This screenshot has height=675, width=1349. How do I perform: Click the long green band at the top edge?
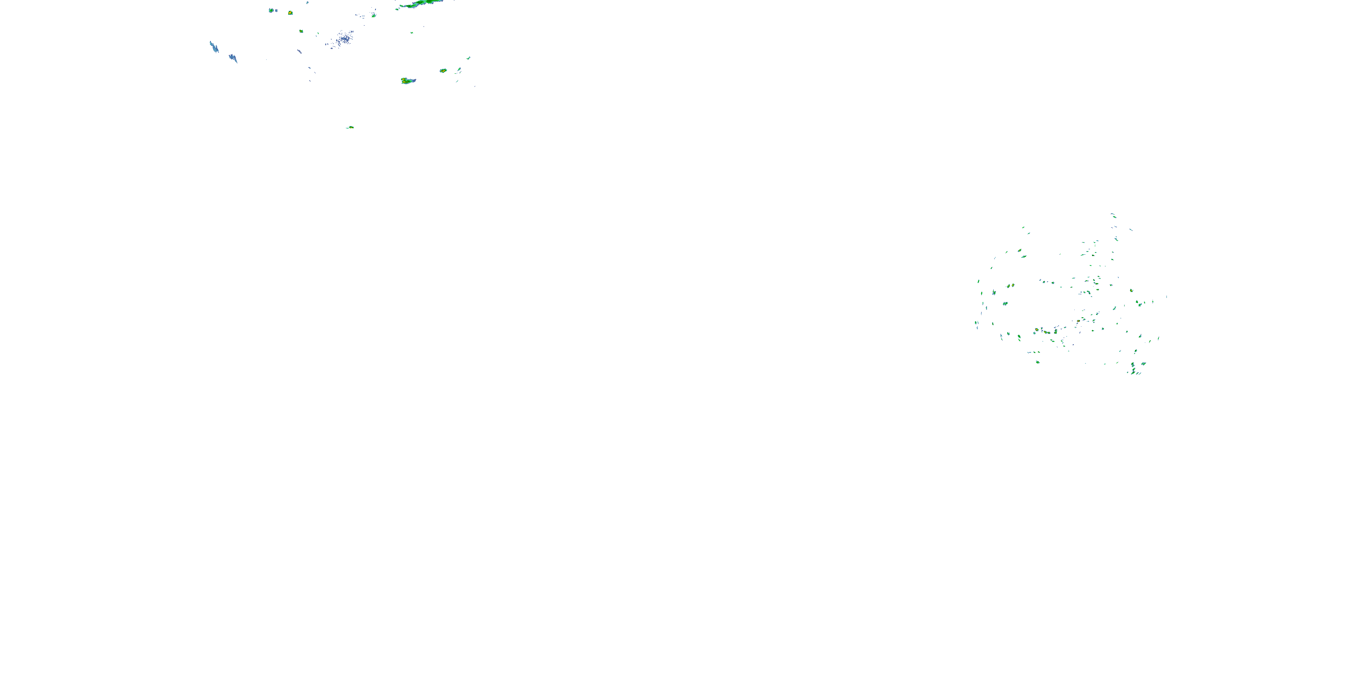pos(424,4)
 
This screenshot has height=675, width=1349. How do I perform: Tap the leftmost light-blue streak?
pos(214,48)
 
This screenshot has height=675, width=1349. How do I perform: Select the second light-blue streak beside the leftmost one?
pos(233,58)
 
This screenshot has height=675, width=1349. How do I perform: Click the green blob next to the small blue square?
pos(271,10)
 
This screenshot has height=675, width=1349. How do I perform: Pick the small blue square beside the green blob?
pos(276,10)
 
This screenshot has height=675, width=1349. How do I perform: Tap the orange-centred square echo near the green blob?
pos(290,13)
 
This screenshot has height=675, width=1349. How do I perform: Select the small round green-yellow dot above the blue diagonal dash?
pos(301,31)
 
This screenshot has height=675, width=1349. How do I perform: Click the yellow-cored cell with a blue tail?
pos(407,81)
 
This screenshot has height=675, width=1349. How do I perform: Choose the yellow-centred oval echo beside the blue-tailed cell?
pos(443,70)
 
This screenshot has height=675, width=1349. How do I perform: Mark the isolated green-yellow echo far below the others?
pos(350,127)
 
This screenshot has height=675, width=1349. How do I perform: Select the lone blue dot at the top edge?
pos(308,3)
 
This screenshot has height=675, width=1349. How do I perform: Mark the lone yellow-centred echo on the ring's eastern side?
pos(1131,290)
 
